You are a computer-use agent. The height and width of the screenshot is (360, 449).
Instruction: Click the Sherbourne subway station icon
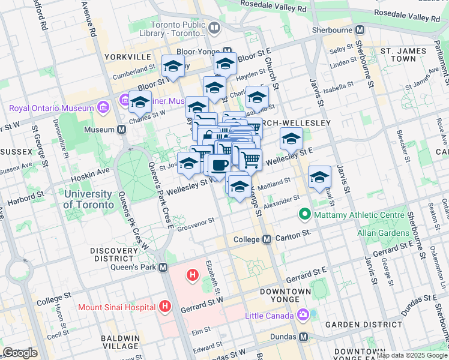point(360,29)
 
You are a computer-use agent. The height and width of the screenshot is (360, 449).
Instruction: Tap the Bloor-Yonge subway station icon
point(227,52)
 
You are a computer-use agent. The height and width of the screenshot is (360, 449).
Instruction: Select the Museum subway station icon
point(122,130)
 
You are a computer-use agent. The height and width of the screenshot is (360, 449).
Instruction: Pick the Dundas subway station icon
point(304,337)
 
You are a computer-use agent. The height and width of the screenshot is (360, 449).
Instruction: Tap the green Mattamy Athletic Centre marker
point(305,214)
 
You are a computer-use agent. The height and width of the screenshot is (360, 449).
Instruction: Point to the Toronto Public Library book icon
point(214,27)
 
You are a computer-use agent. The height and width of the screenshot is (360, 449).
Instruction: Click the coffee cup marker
point(218,166)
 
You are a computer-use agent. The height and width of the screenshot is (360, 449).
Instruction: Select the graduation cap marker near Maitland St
point(320,177)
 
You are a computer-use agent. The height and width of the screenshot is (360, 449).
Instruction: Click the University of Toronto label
point(88,199)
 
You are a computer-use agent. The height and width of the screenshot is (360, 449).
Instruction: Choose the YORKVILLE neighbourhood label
point(127,56)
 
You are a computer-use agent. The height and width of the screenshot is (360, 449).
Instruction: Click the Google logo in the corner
point(20,353)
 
